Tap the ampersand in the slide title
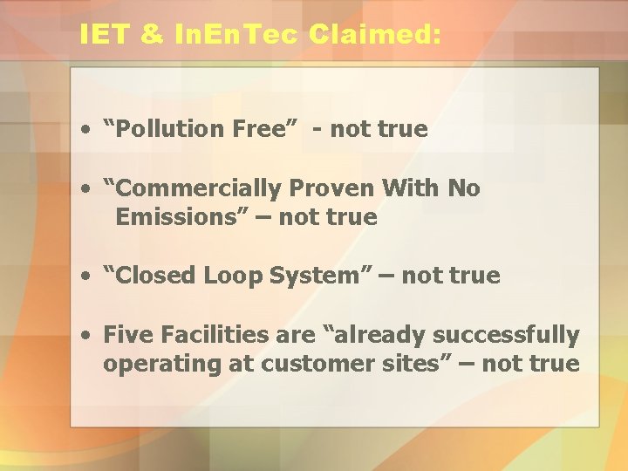(149, 35)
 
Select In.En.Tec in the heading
(235, 35)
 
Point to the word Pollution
(171, 129)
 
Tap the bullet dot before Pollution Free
(88, 130)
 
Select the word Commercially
(195, 188)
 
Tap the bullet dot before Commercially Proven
(88, 189)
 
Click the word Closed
(155, 276)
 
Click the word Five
(126, 335)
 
